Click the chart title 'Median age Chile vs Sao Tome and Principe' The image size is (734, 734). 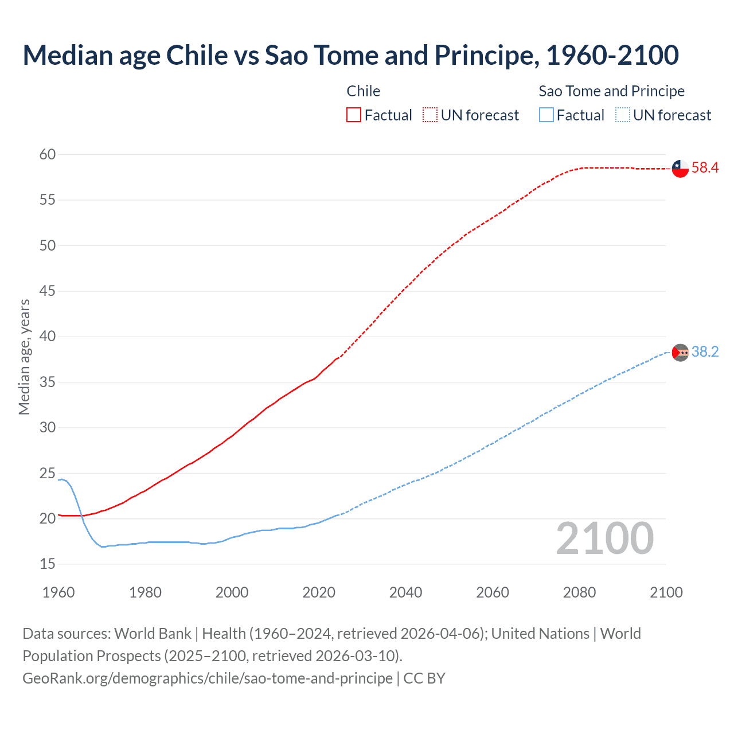350,56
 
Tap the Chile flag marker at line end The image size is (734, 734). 680,169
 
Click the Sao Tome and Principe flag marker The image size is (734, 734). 680,352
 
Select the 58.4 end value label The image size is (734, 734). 705,168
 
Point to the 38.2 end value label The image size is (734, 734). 705,352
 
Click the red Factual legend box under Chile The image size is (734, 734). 354,115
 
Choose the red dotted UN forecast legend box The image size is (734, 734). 430,115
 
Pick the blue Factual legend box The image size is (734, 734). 546,115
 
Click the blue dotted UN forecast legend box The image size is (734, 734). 623,115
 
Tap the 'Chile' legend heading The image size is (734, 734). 363,91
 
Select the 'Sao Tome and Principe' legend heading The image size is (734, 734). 611,91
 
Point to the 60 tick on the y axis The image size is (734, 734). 48,154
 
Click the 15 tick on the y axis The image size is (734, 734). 48,564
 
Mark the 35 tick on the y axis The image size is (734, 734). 48,382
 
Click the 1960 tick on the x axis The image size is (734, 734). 58,592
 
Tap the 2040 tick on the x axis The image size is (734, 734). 405,592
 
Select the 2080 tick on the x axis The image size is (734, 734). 579,592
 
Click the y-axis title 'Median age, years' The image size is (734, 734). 24,357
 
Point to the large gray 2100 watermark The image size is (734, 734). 604,538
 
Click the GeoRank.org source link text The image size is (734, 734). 208,678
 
